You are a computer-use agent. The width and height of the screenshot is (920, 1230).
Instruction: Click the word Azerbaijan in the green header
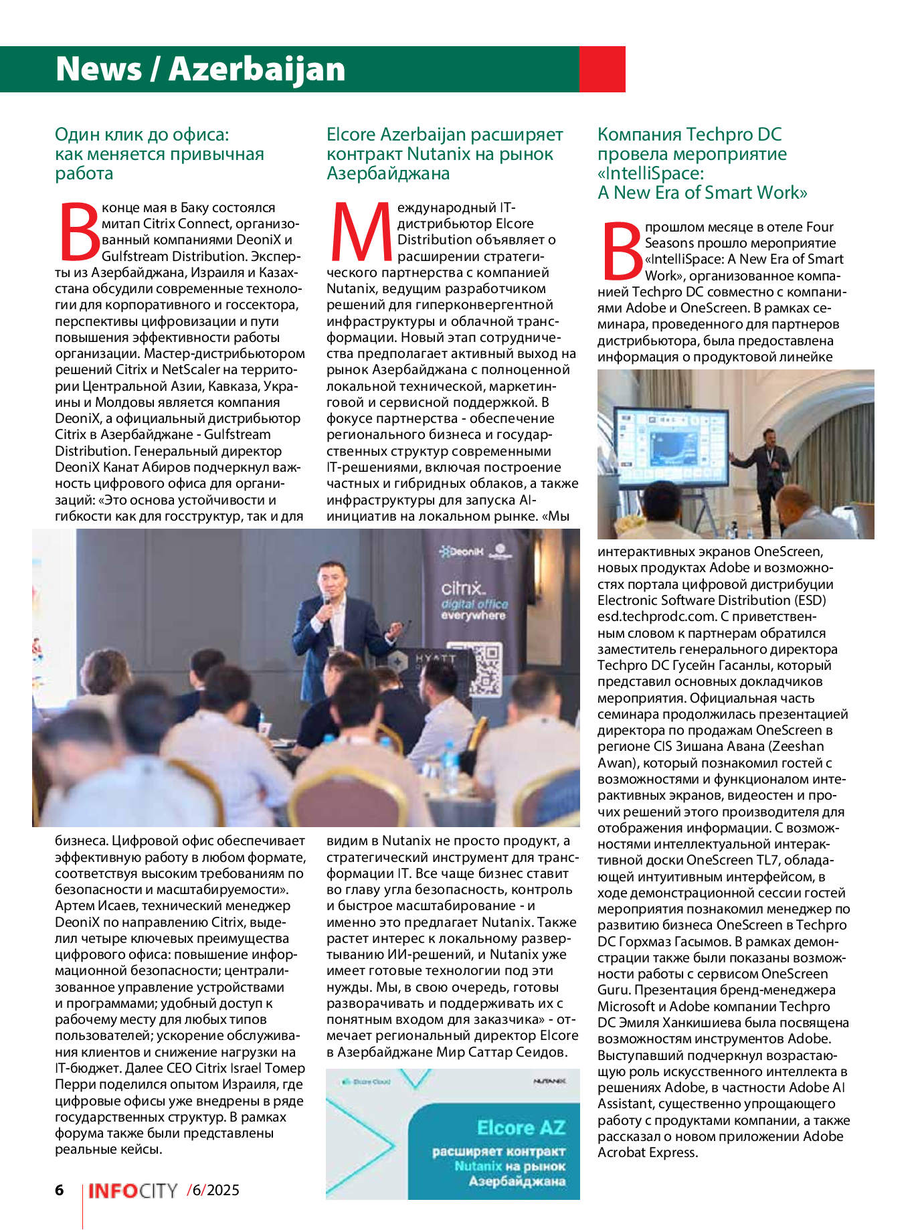click(x=257, y=69)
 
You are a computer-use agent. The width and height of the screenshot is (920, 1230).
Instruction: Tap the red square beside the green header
click(x=602, y=69)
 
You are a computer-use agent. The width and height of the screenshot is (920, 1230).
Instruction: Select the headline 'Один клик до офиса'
click(x=142, y=135)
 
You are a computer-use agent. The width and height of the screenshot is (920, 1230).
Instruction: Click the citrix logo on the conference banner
click(x=461, y=588)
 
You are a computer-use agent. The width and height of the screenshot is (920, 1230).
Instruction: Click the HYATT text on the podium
click(x=436, y=658)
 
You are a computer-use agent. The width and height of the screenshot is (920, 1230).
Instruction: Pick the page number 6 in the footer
click(x=60, y=1190)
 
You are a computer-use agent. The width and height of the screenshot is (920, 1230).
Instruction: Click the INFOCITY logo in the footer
click(x=132, y=1191)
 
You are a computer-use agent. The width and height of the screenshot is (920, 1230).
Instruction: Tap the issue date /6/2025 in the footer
click(x=213, y=1190)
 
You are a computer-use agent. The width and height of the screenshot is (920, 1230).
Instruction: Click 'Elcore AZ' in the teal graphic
click(x=521, y=1128)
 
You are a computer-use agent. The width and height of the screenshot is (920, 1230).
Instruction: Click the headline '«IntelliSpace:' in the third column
click(x=650, y=173)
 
